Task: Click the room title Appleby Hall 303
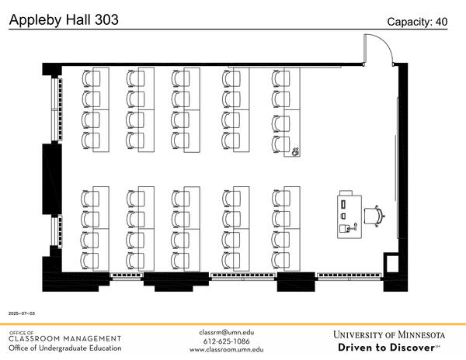click(64, 20)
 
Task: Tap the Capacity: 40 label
click(417, 22)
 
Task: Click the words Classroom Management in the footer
click(65, 338)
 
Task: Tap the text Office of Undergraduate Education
click(65, 348)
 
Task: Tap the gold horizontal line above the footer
click(233, 324)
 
